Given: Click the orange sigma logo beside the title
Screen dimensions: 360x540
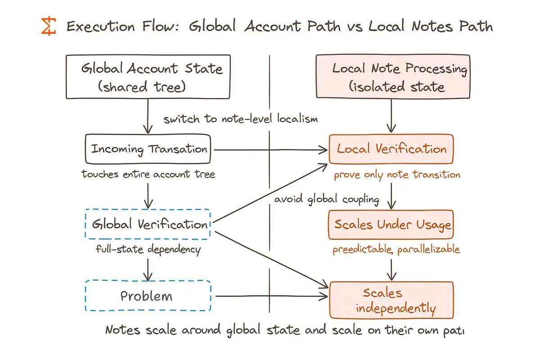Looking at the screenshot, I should (x=49, y=27).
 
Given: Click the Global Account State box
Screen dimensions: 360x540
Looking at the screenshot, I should (x=148, y=76).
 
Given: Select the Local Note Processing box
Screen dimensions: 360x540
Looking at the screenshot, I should (x=393, y=76).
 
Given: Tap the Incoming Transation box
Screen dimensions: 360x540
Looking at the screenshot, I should (x=148, y=149).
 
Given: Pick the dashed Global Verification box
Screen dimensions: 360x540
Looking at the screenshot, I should (x=148, y=224).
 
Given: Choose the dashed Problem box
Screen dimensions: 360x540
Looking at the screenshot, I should (x=148, y=296).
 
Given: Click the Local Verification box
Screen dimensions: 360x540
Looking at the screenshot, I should (x=391, y=149).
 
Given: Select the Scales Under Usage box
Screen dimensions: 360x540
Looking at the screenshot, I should (x=391, y=224).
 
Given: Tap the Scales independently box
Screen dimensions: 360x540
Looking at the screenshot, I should (x=391, y=300).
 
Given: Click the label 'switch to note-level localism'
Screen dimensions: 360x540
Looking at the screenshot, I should (x=240, y=119).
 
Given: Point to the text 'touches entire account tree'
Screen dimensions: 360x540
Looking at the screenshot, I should (x=148, y=174).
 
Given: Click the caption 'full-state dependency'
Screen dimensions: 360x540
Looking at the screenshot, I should (x=148, y=249).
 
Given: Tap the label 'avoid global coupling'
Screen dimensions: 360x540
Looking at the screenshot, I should (x=326, y=199).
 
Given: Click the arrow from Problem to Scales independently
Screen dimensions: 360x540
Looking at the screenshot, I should (x=270, y=296).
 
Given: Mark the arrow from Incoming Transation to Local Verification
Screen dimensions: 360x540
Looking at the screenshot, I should (x=270, y=149).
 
